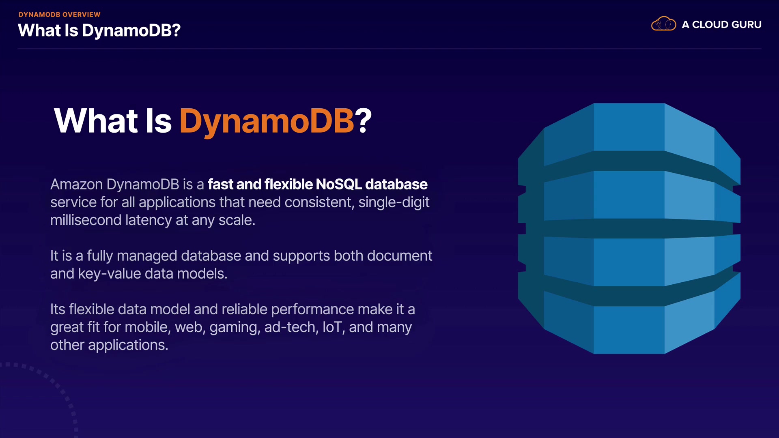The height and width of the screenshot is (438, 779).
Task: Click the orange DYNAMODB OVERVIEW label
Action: coord(59,15)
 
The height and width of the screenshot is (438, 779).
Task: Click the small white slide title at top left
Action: coord(99,30)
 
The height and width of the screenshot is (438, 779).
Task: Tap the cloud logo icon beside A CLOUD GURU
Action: coord(663,24)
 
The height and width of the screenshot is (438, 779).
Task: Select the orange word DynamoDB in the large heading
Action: coord(267,121)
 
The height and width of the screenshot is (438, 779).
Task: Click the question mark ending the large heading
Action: coord(363,120)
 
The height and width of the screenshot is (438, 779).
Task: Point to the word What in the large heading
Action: coord(96,120)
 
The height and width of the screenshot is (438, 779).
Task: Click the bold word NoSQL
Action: coord(339,185)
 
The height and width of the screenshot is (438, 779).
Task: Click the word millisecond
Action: coord(86,220)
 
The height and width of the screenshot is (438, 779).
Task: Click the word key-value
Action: coord(110,274)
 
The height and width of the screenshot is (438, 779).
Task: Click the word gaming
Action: coord(235,328)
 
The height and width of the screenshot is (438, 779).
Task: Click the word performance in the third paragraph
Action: coord(312,310)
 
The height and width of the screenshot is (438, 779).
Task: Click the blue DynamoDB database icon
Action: coord(629,228)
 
